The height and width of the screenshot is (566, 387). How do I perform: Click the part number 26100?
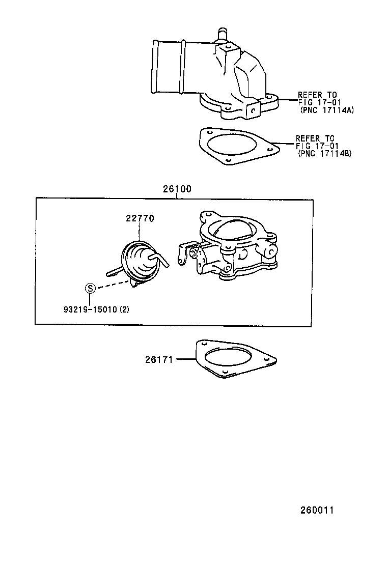[x=177, y=189]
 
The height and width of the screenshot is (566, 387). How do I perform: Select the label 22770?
[x=140, y=218]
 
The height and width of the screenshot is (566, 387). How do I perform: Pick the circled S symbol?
[x=90, y=288]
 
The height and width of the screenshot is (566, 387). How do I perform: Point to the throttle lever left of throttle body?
[x=185, y=253]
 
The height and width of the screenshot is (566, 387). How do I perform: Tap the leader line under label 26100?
[x=177, y=196]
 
